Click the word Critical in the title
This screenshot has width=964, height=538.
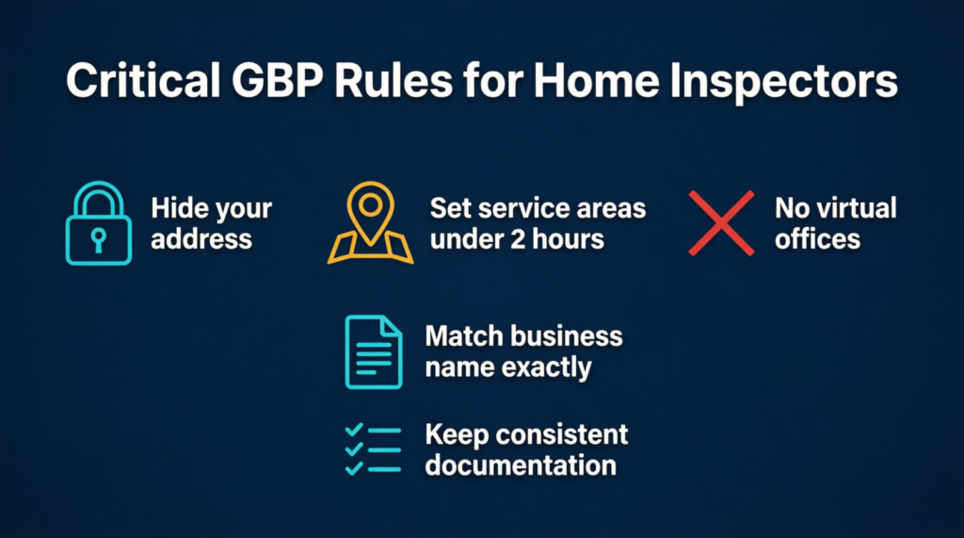(143, 80)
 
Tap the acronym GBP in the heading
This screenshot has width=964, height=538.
(278, 80)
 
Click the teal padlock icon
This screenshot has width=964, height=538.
(98, 223)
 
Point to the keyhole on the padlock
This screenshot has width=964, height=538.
(98, 239)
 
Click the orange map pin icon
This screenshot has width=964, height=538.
(370, 223)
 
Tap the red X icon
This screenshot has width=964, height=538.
(721, 223)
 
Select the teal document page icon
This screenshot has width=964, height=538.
(374, 352)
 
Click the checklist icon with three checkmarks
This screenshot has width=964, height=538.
(373, 449)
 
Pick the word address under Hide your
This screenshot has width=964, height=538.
(201, 238)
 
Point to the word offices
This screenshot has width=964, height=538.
(817, 238)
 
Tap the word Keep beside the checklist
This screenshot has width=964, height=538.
(457, 434)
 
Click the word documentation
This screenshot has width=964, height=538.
(521, 465)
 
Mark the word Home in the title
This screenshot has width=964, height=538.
(596, 80)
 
